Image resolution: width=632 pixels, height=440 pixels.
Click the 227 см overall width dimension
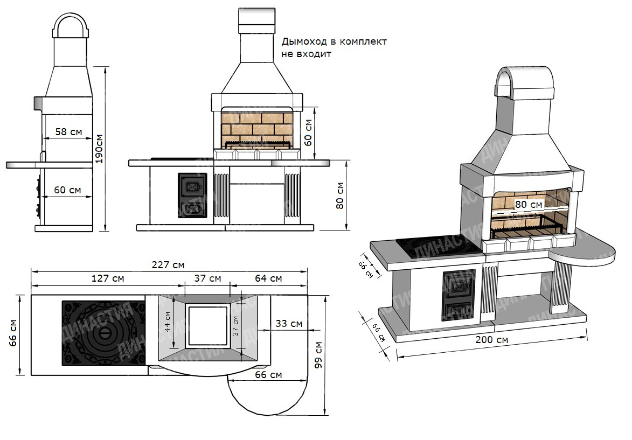tap(168, 265)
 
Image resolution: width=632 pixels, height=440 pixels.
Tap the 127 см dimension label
tap(108, 278)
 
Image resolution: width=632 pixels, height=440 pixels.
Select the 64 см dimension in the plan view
tap(268, 278)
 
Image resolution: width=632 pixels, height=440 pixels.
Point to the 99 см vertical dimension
tap(318, 355)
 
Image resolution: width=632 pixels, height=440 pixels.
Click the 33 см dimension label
tap(289, 324)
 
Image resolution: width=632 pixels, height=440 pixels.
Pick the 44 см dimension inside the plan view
tap(167, 322)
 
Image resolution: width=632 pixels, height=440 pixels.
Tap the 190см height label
tap(99, 149)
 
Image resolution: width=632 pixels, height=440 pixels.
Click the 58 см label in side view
tap(68, 132)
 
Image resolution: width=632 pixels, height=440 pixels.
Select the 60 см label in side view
tap(67, 190)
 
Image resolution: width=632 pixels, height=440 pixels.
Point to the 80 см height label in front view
tap(340, 195)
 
